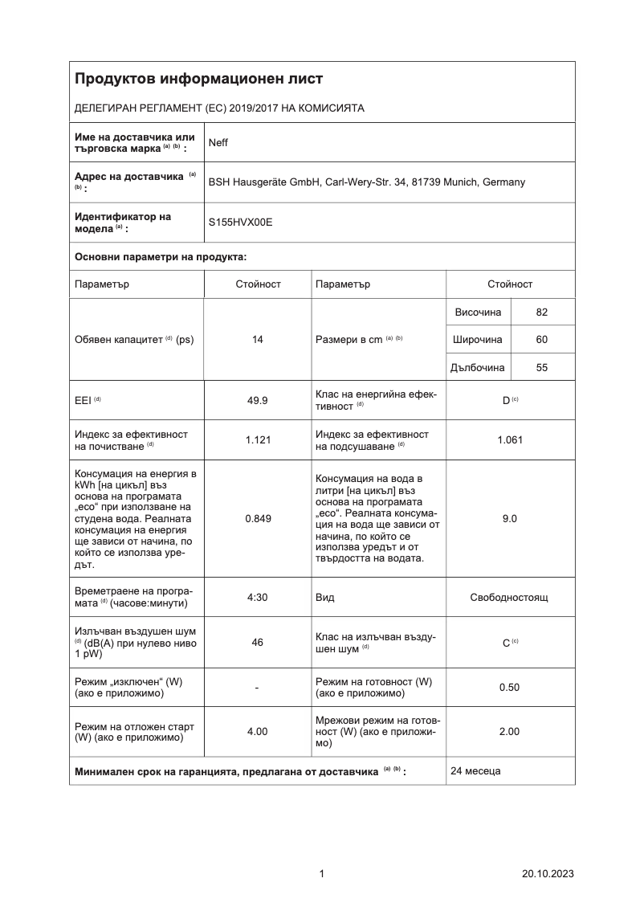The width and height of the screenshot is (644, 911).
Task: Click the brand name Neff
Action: (x=218, y=143)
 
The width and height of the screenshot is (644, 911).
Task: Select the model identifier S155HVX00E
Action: (x=240, y=223)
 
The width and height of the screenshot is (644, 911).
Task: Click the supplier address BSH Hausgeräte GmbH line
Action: (x=366, y=182)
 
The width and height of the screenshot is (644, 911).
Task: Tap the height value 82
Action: (x=542, y=312)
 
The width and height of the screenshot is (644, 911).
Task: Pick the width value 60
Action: (x=542, y=340)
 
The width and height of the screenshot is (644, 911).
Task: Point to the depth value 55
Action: (x=542, y=368)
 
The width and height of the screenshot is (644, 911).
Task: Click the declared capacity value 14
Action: (x=258, y=340)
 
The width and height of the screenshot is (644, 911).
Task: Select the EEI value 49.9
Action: (x=258, y=399)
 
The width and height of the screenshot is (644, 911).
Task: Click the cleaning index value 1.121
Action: (x=258, y=439)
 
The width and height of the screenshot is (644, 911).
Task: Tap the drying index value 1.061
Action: (x=510, y=439)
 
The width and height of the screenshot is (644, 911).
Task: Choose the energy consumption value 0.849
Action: (x=258, y=518)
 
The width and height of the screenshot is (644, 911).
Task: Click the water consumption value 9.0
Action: (x=510, y=518)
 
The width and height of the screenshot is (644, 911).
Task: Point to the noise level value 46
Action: (x=258, y=642)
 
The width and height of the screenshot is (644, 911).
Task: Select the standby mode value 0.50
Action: (x=510, y=687)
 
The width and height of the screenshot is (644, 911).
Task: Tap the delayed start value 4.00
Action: (x=258, y=731)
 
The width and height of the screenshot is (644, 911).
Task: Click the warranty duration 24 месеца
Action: (x=475, y=771)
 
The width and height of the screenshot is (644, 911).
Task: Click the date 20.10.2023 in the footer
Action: (x=548, y=874)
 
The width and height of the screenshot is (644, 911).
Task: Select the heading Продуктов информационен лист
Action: (x=198, y=79)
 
